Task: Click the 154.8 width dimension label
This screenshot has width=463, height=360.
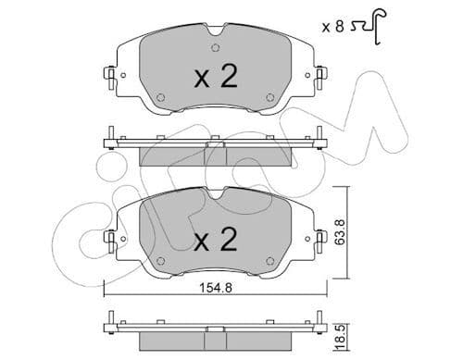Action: (216, 288)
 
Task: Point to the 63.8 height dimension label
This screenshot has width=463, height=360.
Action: (340, 232)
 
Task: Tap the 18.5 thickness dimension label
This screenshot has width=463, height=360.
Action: (340, 341)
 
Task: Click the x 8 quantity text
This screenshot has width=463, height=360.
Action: (332, 27)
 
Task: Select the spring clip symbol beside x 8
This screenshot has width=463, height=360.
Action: (369, 26)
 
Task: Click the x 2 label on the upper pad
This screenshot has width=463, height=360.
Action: (216, 77)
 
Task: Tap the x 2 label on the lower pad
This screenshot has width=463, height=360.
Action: (216, 239)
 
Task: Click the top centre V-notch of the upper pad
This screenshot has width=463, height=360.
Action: (216, 31)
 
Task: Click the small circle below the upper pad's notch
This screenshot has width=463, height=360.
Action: (216, 48)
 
